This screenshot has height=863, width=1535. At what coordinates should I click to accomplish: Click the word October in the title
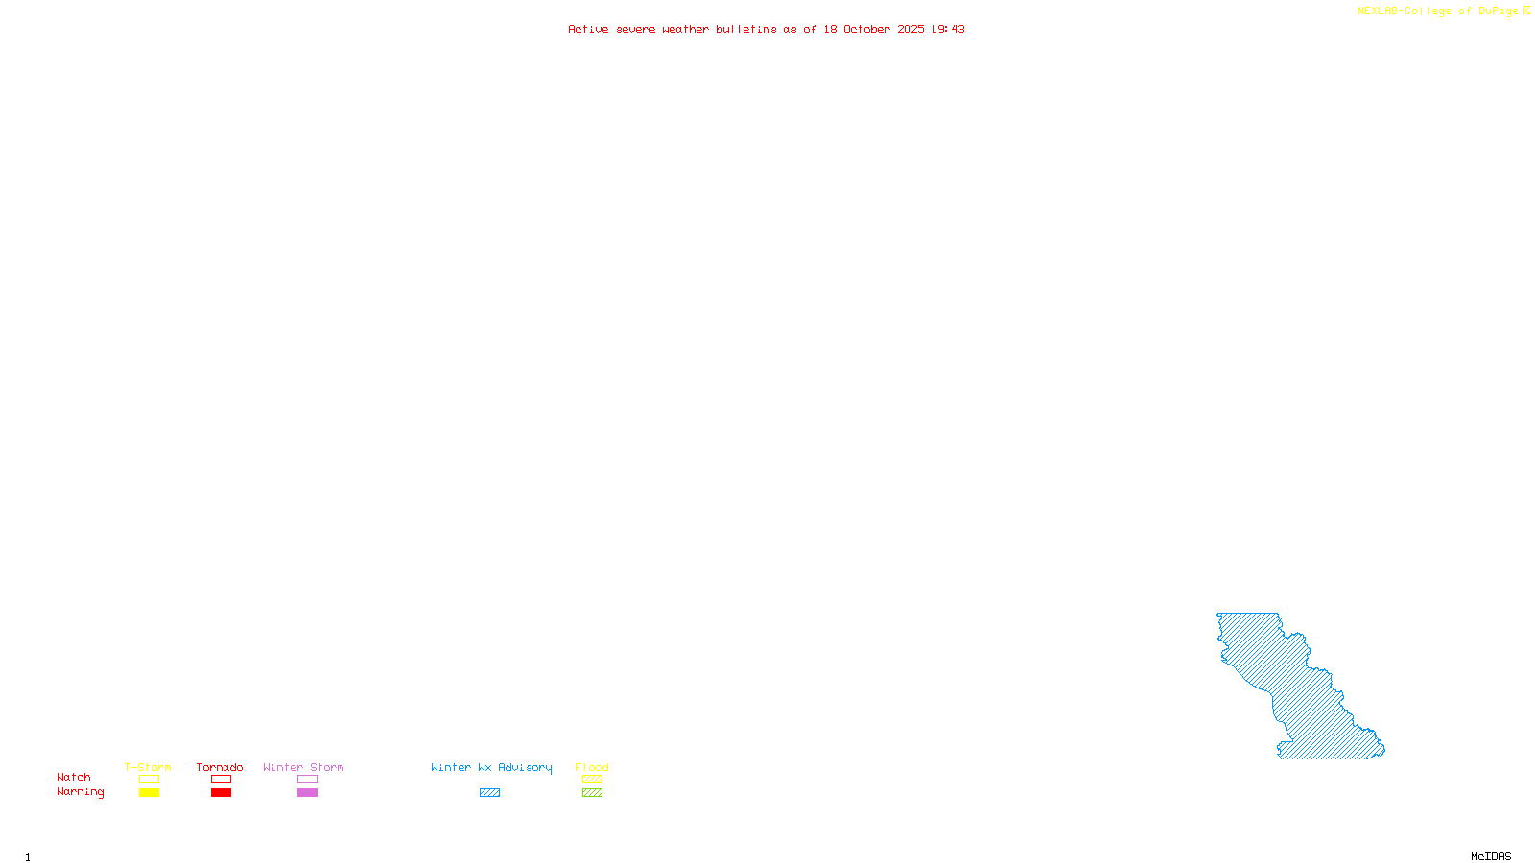(866, 29)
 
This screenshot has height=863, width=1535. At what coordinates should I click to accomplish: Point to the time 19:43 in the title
(948, 29)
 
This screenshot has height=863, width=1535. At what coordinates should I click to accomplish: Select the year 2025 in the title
(910, 29)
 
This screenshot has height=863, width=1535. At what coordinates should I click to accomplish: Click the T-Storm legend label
(148, 767)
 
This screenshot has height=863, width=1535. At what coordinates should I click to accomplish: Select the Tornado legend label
(220, 767)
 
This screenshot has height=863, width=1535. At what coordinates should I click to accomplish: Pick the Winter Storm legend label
(303, 767)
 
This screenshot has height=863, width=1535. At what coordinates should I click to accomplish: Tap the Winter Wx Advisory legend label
(491, 767)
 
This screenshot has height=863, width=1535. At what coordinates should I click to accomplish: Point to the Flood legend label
(592, 767)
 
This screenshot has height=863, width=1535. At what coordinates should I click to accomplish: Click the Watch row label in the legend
(74, 777)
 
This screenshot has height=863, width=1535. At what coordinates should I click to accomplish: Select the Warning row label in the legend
(80, 792)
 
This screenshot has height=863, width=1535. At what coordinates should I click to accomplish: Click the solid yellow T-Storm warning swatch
(149, 793)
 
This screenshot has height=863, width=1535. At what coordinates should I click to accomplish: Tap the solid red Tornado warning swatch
(221, 793)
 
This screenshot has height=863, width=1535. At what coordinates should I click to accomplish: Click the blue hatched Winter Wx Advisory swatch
(489, 793)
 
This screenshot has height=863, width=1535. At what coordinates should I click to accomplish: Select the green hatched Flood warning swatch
(592, 793)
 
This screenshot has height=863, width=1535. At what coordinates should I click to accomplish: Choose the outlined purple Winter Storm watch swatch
(307, 780)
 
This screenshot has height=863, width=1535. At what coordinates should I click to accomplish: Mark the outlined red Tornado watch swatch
(221, 780)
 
